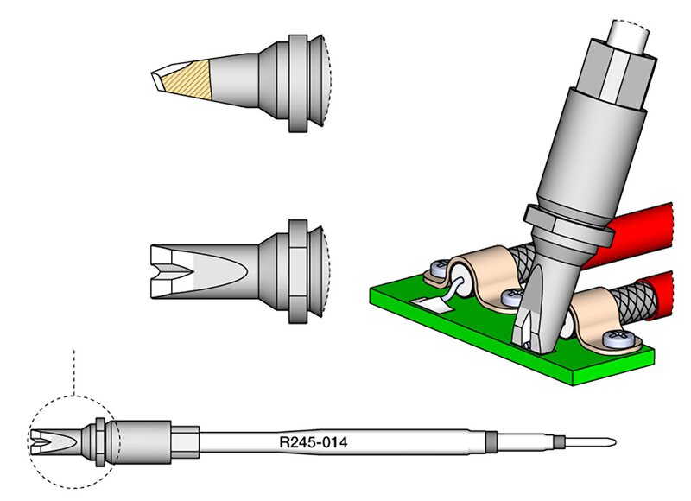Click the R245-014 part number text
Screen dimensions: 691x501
(314, 442)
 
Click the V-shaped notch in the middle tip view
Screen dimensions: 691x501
(172, 271)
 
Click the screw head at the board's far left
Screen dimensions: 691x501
(438, 269)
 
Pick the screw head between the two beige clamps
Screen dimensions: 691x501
(513, 297)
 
